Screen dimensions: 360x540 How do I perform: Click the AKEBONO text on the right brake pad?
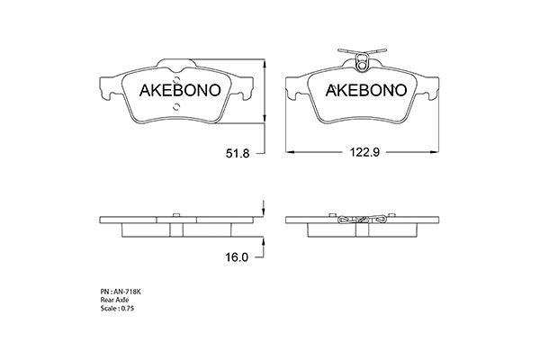click(366, 91)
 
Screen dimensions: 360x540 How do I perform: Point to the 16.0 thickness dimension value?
click(237, 257)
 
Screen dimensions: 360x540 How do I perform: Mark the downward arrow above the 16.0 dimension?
click(262, 209)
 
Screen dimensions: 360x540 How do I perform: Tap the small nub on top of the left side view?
click(176, 214)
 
